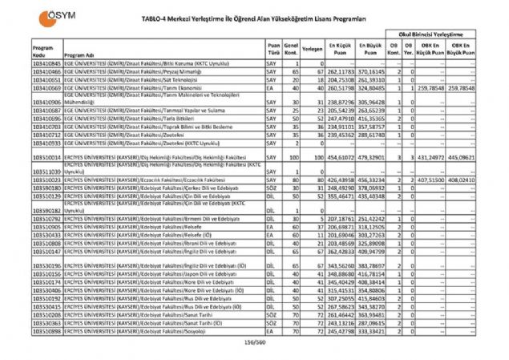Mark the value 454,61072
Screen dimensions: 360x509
343,158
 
